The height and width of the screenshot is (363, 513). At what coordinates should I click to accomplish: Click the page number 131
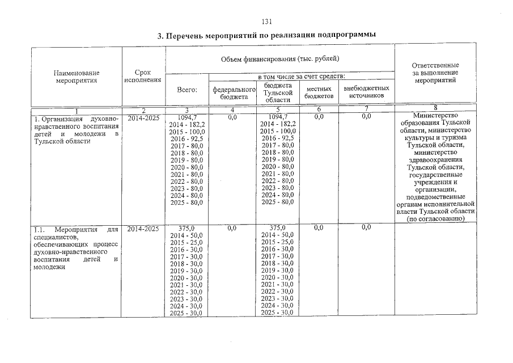[x=268, y=22]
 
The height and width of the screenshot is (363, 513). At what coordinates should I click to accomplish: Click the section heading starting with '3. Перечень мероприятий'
[x=267, y=35]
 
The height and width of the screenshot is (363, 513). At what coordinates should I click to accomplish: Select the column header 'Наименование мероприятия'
[x=77, y=77]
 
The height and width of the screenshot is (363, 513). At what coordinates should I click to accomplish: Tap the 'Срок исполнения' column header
[x=143, y=77]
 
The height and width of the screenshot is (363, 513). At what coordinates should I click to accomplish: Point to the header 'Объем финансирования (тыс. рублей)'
[x=280, y=59]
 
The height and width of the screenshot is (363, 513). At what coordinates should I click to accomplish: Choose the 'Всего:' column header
[x=186, y=90]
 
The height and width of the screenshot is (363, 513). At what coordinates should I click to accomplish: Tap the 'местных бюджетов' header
[x=319, y=92]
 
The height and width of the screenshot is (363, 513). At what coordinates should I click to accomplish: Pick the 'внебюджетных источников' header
[x=366, y=92]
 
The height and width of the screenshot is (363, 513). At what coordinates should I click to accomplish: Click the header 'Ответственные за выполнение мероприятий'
[x=435, y=73]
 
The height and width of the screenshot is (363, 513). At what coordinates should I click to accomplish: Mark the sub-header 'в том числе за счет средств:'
[x=301, y=76]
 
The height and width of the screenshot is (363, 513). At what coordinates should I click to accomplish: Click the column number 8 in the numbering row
[x=435, y=109]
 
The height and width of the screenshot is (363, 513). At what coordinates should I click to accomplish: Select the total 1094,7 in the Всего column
[x=186, y=116]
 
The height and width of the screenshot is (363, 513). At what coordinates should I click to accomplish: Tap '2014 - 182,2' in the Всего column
[x=186, y=124]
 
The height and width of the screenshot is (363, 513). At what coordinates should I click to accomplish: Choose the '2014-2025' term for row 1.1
[x=143, y=228]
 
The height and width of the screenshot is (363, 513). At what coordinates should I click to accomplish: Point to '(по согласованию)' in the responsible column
[x=435, y=218]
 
